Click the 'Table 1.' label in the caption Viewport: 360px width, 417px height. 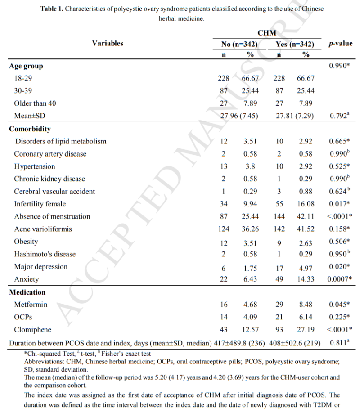[51, 9]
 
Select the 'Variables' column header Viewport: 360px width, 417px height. [108, 43]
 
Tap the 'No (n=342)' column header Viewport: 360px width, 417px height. [239, 44]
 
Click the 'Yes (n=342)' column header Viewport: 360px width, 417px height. [295, 44]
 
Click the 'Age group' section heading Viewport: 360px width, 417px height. [27, 66]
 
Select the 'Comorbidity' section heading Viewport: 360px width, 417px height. [30, 129]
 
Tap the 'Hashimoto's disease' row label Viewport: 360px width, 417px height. [45, 254]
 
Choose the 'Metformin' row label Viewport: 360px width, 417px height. [31, 305]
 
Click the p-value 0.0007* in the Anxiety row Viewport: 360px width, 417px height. [340, 279]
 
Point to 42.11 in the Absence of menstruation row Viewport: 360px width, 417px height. [306, 216]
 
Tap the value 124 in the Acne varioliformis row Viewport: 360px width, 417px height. [224, 229]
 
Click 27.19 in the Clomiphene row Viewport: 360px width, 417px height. [306, 329]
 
